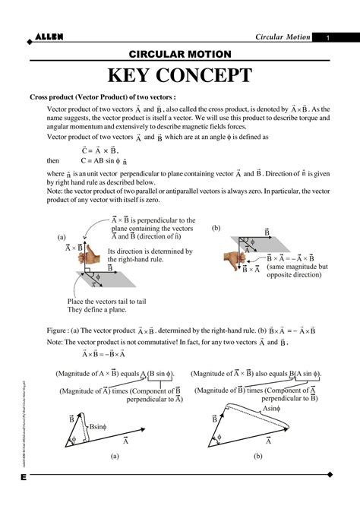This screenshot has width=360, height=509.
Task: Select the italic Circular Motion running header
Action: (x=282, y=38)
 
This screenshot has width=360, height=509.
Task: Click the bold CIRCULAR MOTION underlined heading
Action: (x=180, y=55)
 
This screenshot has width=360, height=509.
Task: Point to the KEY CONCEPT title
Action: (x=179, y=76)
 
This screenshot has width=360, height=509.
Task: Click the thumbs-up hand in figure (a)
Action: (x=93, y=251)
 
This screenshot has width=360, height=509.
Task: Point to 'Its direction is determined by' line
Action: (x=150, y=251)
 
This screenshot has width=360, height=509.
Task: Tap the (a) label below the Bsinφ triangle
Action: (x=114, y=456)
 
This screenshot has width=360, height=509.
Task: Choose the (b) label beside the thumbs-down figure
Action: (x=216, y=228)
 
